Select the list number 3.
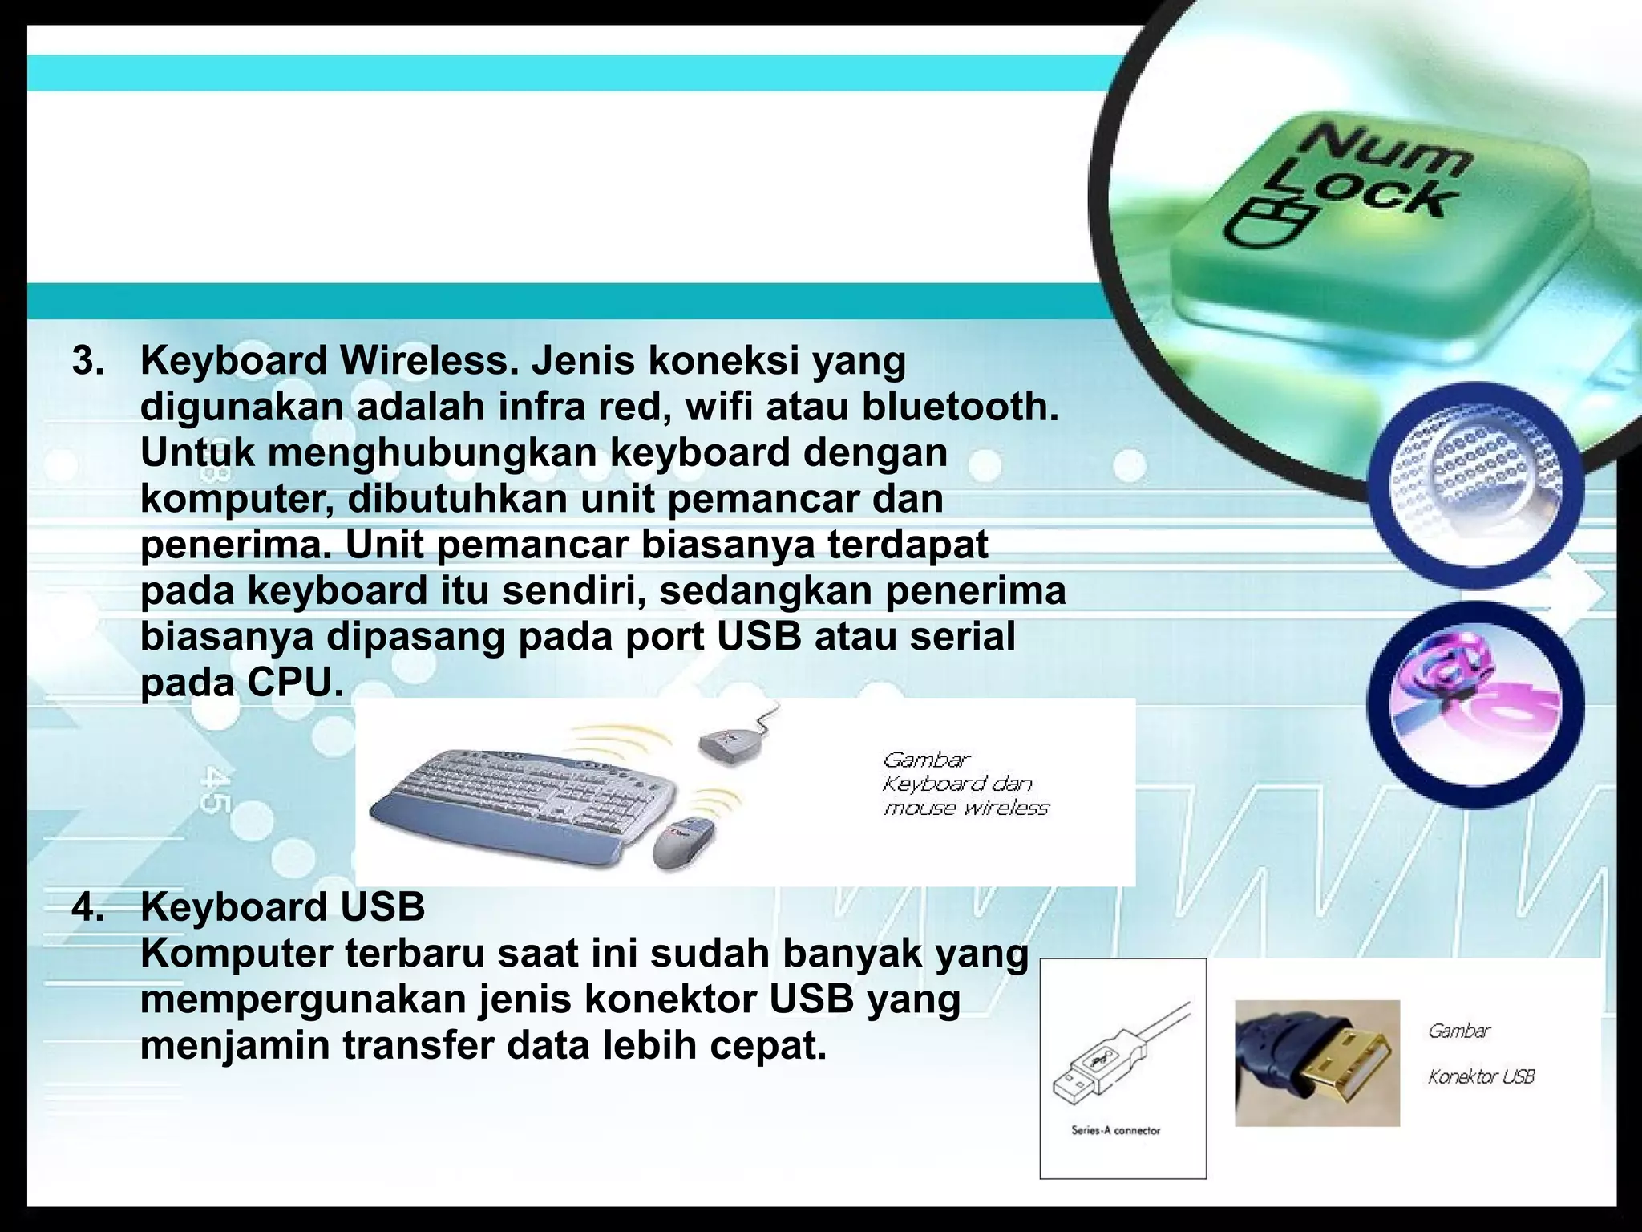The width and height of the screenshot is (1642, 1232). tap(87, 361)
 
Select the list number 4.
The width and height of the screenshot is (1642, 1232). tap(87, 908)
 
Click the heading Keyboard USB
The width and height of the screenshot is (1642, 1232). tap(282, 908)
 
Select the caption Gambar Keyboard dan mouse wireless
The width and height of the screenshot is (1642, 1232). tap(965, 784)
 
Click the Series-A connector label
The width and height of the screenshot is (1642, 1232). tap(1115, 1130)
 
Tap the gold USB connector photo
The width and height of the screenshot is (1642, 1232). tap(1316, 1063)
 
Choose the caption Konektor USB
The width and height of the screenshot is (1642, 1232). tap(1480, 1076)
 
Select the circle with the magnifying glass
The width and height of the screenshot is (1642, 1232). tap(1475, 485)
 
